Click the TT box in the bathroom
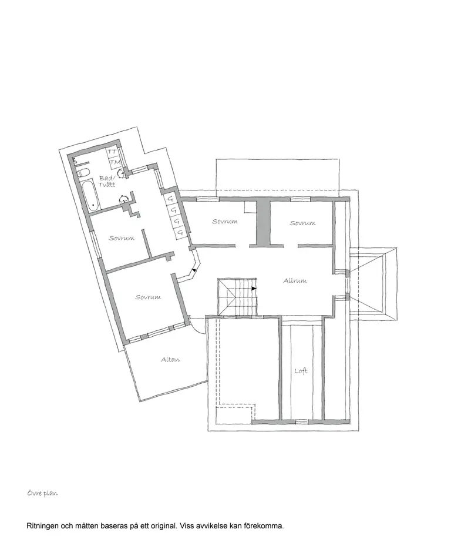(112, 152)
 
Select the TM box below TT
(115, 162)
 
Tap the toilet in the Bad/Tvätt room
(83, 172)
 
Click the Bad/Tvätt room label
(107, 181)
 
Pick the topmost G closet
(171, 199)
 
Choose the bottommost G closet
(180, 233)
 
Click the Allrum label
(295, 280)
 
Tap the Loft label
(301, 370)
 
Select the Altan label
(170, 359)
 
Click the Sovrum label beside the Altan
(148, 297)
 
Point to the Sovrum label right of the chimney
(302, 223)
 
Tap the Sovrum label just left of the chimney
(225, 221)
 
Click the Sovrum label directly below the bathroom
(122, 238)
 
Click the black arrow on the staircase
(254, 289)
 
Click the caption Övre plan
(42, 493)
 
